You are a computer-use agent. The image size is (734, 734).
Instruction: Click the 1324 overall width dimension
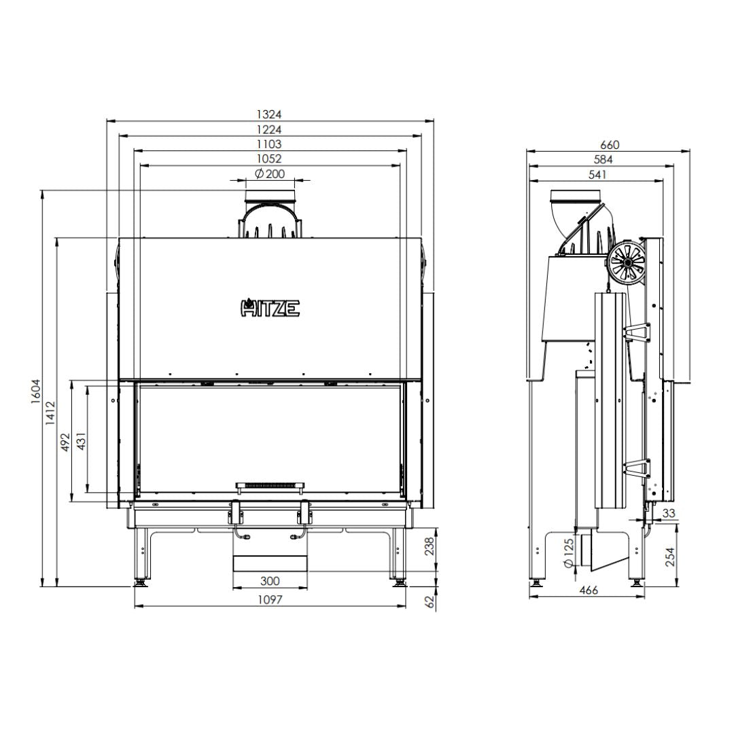pyautogui.click(x=270, y=114)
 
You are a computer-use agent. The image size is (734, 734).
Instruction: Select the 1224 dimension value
pyautogui.click(x=270, y=129)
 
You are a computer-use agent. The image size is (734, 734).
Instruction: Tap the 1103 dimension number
pyautogui.click(x=270, y=144)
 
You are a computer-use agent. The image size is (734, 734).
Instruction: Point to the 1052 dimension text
pyautogui.click(x=270, y=159)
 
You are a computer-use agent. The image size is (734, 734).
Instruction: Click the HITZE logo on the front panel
pyautogui.click(x=270, y=309)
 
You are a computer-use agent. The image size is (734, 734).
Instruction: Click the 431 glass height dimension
pyautogui.click(x=81, y=442)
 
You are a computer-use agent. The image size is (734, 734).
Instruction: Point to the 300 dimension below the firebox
pyautogui.click(x=270, y=581)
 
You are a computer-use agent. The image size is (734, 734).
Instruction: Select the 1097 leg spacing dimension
pyautogui.click(x=270, y=599)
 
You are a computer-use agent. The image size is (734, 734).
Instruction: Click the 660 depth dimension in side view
pyautogui.click(x=610, y=145)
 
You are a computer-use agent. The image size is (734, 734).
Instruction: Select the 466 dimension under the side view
pyautogui.click(x=589, y=591)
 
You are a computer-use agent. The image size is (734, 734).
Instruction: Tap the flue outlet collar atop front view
pyautogui.click(x=270, y=196)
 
